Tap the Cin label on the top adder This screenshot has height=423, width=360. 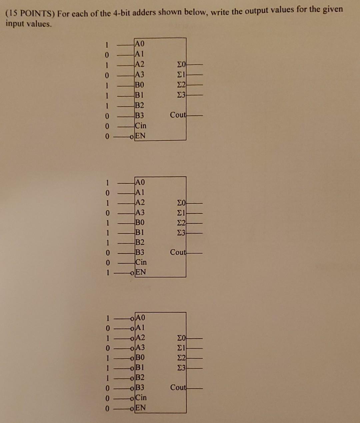click(140, 126)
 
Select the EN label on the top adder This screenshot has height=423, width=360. click(140, 136)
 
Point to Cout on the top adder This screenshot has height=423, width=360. click(178, 115)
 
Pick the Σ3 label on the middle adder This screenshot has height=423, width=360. click(182, 233)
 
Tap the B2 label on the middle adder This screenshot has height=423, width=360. click(140, 242)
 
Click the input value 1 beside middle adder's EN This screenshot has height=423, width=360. click(107, 273)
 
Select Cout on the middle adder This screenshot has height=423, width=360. click(178, 252)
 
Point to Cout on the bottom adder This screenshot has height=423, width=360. click(178, 388)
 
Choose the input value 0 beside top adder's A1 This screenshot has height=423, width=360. click(107, 54)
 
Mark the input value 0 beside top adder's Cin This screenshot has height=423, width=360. click(107, 126)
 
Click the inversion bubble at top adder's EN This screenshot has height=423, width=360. click(133, 136)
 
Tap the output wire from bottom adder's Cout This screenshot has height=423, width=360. click(195, 388)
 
